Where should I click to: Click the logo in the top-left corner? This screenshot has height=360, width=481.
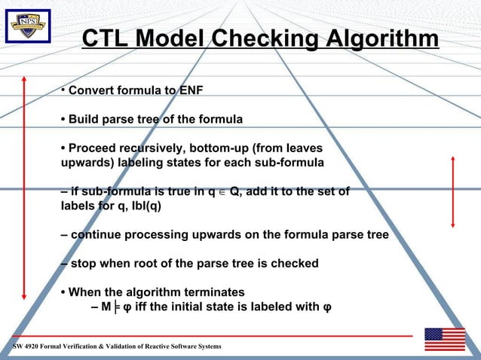pos(28,28)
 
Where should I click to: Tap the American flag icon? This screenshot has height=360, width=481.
pos(445,339)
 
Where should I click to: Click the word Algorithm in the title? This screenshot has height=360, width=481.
pos(380,40)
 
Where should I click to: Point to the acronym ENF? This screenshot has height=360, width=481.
pos(191,92)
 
